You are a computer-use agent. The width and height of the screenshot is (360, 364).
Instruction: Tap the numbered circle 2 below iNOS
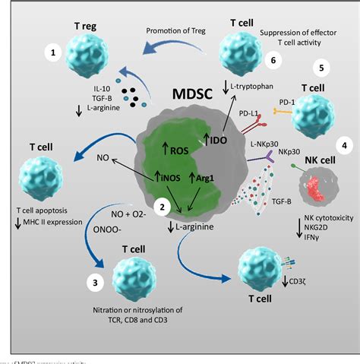coord(160,205)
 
